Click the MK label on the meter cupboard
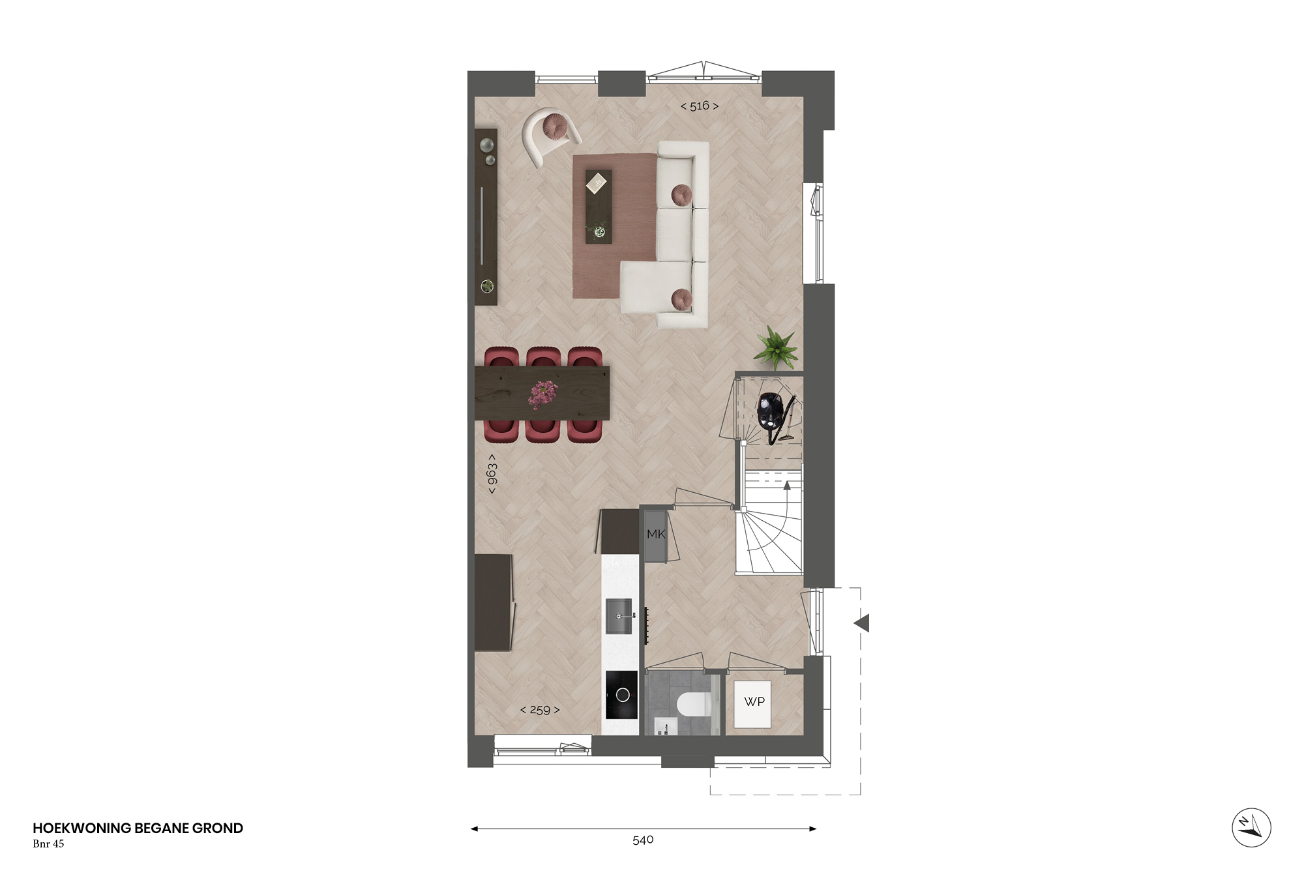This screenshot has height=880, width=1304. pyautogui.click(x=656, y=534)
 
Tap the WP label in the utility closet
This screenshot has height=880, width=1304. pyautogui.click(x=754, y=701)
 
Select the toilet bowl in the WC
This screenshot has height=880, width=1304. pyautogui.click(x=692, y=705)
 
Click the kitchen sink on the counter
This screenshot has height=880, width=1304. pyautogui.click(x=619, y=616)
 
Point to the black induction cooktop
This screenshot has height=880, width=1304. pyautogui.click(x=621, y=695)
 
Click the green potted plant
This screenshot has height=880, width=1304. pyautogui.click(x=776, y=347)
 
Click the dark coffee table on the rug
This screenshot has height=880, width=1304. pyautogui.click(x=599, y=207)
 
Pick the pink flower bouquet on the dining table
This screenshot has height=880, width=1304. pyautogui.click(x=542, y=394)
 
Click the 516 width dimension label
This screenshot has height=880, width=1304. pyautogui.click(x=700, y=106)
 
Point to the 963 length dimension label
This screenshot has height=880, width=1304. pyautogui.click(x=492, y=474)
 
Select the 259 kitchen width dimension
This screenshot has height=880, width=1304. pyautogui.click(x=540, y=710)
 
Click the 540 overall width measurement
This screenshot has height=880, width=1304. pyautogui.click(x=643, y=840)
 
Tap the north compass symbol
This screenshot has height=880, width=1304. pyautogui.click(x=1251, y=828)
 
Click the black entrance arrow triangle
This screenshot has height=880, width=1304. pyautogui.click(x=862, y=623)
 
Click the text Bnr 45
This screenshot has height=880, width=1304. pyautogui.click(x=48, y=843)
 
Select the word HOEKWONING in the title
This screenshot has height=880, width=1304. pyautogui.click(x=82, y=828)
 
